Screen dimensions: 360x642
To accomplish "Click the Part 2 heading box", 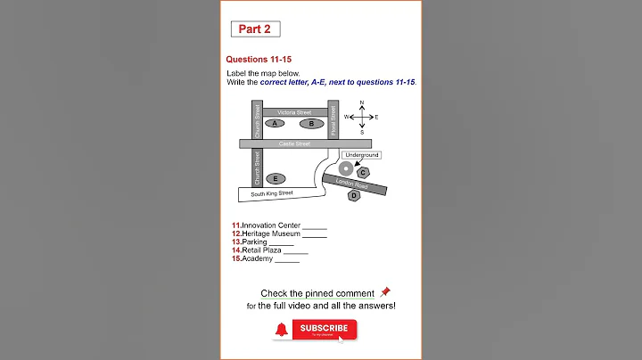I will [x=256, y=29].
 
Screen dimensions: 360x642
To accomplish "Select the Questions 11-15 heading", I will [x=259, y=59].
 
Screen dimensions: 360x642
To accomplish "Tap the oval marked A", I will [x=276, y=123].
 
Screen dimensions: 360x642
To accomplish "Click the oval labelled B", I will [x=311, y=123].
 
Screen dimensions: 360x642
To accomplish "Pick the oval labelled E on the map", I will [x=276, y=178].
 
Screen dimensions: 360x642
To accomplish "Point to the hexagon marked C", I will [x=363, y=172].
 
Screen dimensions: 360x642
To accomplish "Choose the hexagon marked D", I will [x=354, y=195].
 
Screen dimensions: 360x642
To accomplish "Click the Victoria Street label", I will [x=294, y=112].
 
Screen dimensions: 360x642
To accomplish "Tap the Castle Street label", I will [x=294, y=143].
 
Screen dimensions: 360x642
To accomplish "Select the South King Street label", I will [x=272, y=193].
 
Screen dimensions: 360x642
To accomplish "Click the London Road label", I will [x=352, y=182].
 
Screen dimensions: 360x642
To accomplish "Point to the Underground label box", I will [x=362, y=155].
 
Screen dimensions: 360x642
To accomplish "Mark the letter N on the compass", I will [x=362, y=103].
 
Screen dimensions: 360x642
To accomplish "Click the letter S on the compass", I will [x=362, y=132].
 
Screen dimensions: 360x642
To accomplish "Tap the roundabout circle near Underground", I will [x=345, y=168].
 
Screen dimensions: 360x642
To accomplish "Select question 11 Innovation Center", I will [x=271, y=225].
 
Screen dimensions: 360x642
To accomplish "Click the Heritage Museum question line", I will [x=271, y=233].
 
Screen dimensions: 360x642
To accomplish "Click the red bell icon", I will [x=283, y=330].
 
